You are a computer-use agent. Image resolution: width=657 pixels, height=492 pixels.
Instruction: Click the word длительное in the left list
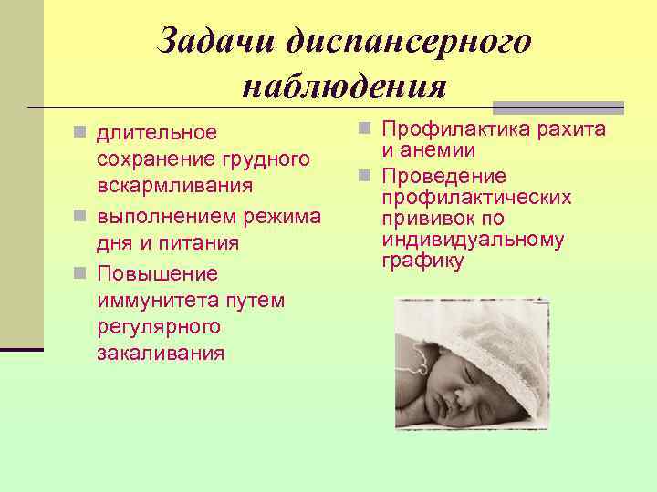click(x=157, y=133)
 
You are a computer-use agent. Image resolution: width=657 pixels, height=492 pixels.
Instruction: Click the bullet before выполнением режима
click(x=80, y=216)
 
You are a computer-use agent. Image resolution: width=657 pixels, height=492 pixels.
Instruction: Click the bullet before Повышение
click(x=80, y=272)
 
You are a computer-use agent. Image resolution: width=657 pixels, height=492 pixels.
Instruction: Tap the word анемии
click(x=443, y=150)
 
